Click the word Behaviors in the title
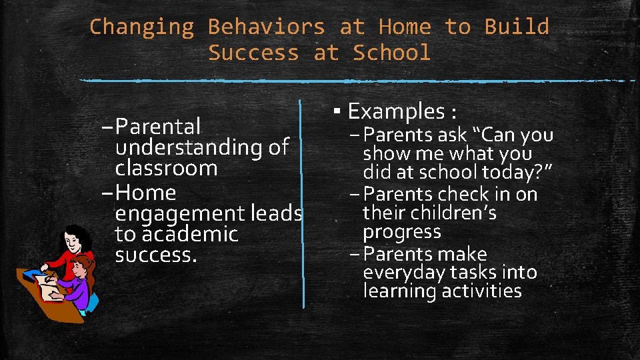tap(267, 27)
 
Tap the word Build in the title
tap(517, 27)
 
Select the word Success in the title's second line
tap(253, 53)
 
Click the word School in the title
tap(391, 53)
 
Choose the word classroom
tap(166, 168)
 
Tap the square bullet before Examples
tap(339, 110)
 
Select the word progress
tap(402, 232)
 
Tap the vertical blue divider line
tap(303, 200)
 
